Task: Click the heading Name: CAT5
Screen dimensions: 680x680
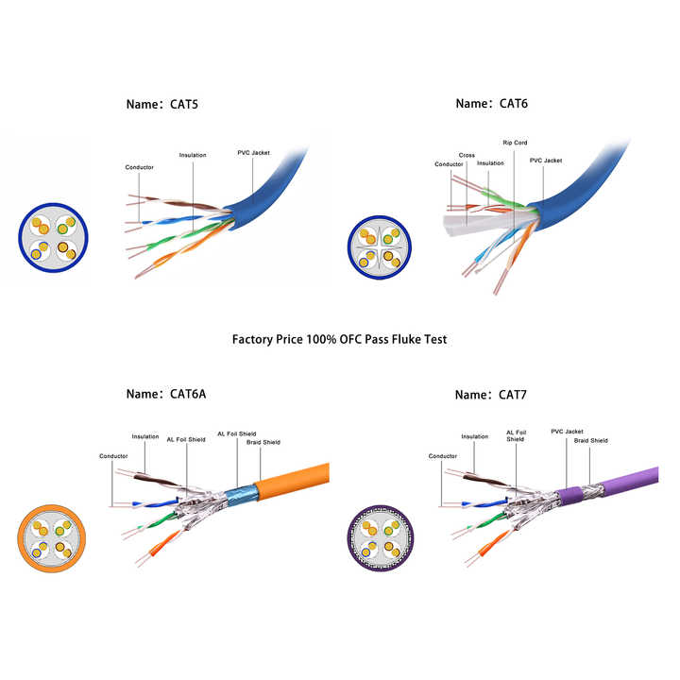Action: (163, 103)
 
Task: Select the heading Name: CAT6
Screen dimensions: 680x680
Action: (492, 103)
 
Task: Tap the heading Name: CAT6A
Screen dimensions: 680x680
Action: (167, 394)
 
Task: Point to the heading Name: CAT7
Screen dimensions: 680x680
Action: (492, 394)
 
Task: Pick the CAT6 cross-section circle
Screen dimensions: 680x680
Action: (379, 248)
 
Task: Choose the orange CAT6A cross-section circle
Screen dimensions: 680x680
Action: (51, 538)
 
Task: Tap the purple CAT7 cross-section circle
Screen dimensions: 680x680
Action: (380, 538)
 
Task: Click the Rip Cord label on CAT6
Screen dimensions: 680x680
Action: (515, 143)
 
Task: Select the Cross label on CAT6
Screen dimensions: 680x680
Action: (467, 155)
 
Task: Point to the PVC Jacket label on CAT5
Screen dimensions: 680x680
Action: (253, 152)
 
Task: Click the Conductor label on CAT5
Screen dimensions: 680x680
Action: (139, 167)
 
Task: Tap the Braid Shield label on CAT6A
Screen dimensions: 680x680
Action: (263, 442)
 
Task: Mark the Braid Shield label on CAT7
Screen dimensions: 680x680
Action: (591, 440)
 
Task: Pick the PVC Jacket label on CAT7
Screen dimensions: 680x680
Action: (568, 431)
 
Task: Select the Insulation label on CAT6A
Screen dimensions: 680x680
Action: (145, 436)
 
